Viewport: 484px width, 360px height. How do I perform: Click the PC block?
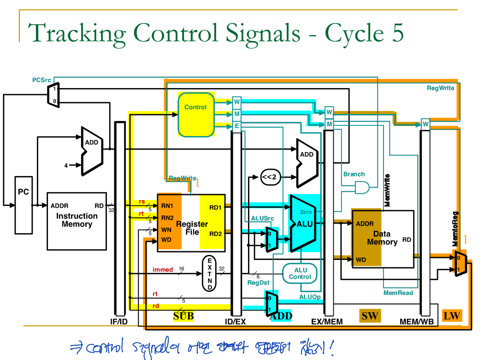[x=24, y=204]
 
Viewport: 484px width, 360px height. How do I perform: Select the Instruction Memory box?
[x=77, y=221]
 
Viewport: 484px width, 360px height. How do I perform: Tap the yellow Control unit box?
[x=196, y=114]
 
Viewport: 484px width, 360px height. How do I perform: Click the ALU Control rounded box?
[x=300, y=273]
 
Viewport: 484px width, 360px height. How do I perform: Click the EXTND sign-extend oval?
[x=210, y=273]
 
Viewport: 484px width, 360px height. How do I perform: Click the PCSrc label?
[x=41, y=80]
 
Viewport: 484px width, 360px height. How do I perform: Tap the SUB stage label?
[x=183, y=316]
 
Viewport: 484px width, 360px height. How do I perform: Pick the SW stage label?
[x=370, y=315]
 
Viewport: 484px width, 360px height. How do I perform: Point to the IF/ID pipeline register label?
[x=119, y=321]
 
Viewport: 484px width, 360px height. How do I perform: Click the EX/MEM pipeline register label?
[x=327, y=321]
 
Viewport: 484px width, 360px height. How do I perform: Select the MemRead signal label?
[x=398, y=293]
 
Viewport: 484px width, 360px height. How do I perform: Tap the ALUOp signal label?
[x=310, y=297]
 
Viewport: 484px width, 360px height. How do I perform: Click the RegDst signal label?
[x=259, y=283]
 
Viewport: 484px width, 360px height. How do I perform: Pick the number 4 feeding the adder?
[x=66, y=165]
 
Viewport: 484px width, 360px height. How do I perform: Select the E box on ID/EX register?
[x=237, y=125]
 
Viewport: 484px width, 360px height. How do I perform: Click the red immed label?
[x=163, y=270]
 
